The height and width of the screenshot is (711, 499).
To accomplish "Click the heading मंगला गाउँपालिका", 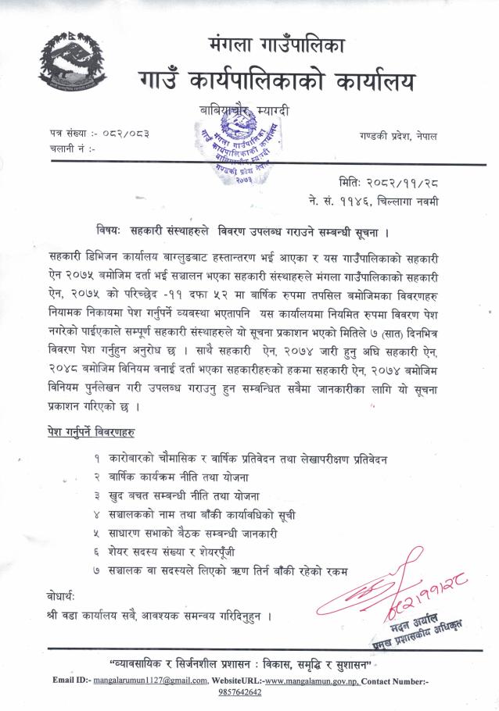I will pos(276,44).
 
